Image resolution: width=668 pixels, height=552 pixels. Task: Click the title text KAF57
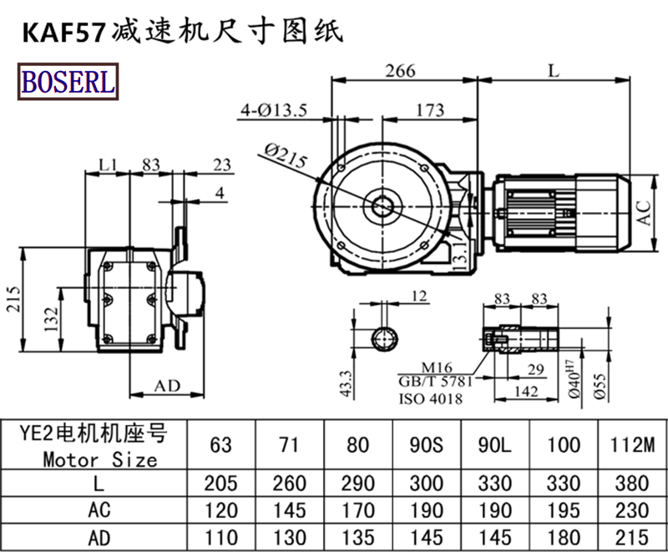(63, 33)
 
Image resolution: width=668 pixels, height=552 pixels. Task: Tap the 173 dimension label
(428, 109)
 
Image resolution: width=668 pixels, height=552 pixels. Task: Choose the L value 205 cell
(222, 484)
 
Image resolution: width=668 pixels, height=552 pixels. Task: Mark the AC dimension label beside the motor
(645, 213)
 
